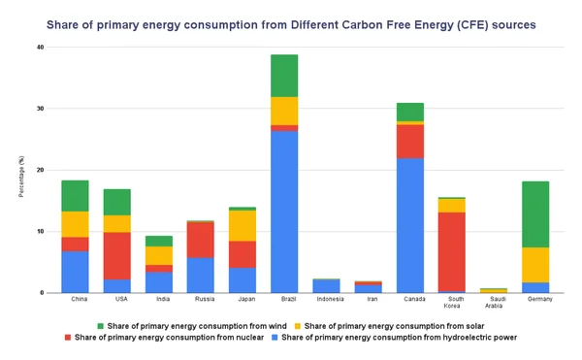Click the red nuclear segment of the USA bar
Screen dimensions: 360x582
(116, 255)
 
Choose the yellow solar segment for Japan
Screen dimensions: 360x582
(242, 225)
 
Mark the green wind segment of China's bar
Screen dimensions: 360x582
(75, 195)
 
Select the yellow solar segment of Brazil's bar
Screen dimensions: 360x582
(284, 111)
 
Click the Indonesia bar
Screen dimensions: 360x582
(327, 285)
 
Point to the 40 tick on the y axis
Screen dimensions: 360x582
(40, 47)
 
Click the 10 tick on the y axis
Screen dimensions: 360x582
(40, 231)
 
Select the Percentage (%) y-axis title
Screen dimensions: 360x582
(20, 171)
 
